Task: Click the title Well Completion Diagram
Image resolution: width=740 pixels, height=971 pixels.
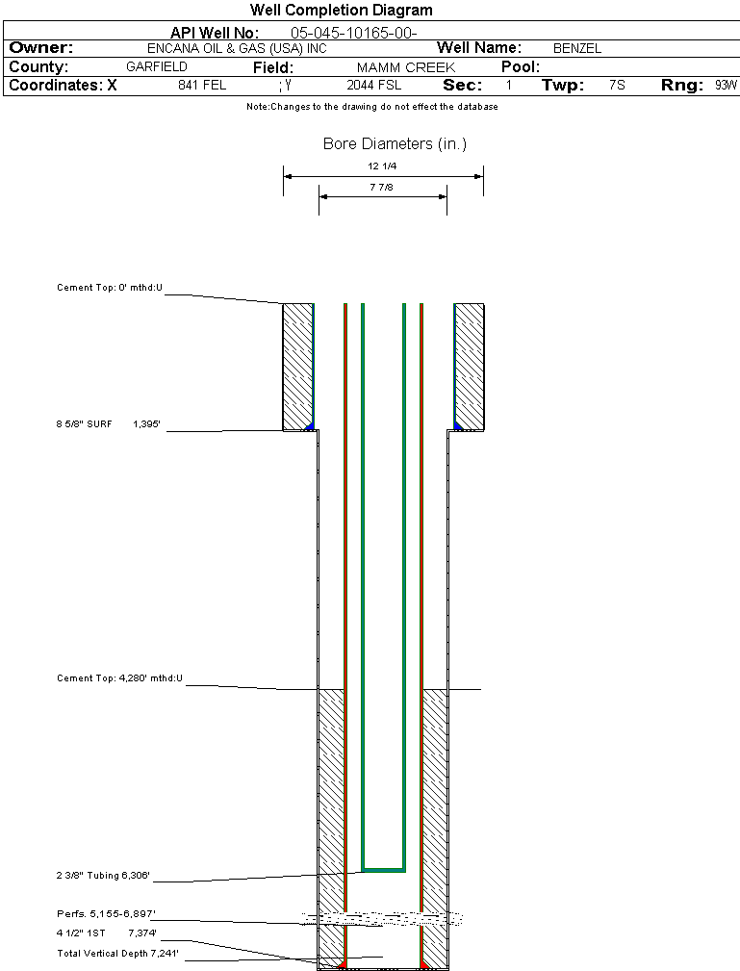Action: point(341,11)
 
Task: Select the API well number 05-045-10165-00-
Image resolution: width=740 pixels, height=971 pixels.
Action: point(353,33)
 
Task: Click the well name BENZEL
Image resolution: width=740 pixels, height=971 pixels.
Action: point(576,48)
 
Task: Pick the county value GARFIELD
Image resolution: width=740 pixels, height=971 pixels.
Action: point(157,67)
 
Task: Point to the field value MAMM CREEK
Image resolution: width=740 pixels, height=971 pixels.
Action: point(405,67)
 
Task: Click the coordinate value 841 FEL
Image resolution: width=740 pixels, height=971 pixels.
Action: point(202,86)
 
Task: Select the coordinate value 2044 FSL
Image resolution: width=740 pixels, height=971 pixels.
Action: point(374,86)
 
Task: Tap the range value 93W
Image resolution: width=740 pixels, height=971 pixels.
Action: point(726,86)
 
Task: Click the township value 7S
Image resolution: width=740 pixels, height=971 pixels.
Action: point(617,86)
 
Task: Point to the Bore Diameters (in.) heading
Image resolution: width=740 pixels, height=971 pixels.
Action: point(395,144)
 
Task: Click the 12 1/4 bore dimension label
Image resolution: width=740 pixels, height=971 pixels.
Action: point(382,166)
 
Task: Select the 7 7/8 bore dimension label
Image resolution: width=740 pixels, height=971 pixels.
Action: point(382,187)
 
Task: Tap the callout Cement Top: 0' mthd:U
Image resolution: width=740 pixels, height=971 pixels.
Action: point(110,287)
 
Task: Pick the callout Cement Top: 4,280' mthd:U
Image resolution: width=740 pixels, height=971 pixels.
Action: point(119,678)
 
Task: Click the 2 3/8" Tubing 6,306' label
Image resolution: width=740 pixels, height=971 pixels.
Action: point(103,876)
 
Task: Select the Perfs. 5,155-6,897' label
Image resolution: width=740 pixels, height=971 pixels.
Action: point(106,913)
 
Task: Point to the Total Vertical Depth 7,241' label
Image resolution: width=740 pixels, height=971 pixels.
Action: point(117,953)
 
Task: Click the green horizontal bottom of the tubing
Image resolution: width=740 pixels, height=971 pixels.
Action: point(383,869)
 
